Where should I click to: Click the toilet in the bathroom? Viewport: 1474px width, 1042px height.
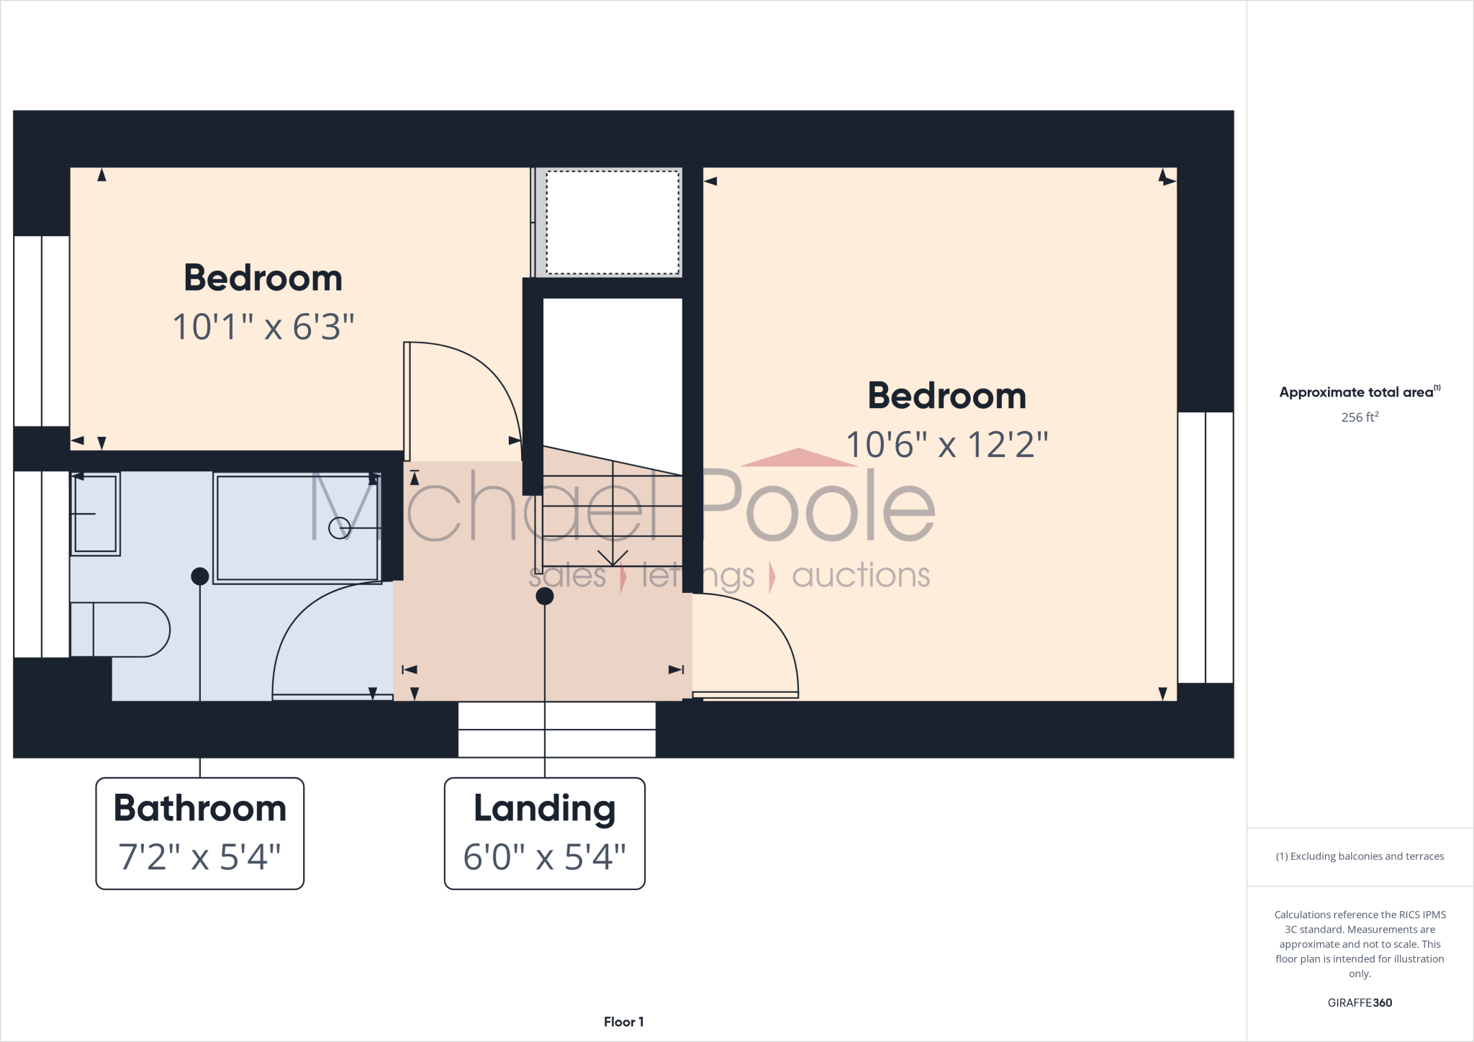point(122,630)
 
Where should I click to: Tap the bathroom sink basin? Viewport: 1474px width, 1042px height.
point(95,514)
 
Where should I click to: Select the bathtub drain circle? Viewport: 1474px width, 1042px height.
point(339,528)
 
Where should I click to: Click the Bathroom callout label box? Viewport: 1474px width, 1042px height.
point(200,833)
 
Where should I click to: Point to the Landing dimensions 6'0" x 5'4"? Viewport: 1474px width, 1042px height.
point(544,857)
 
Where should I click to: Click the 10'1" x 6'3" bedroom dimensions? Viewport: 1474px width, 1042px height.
point(263,327)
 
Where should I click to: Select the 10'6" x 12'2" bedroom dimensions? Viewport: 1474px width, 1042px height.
point(946,445)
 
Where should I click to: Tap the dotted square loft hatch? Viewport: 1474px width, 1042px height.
point(612,222)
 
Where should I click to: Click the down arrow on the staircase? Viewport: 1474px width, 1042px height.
point(612,557)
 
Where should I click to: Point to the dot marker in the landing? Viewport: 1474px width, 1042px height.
point(545,596)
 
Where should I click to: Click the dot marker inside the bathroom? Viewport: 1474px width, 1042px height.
point(200,576)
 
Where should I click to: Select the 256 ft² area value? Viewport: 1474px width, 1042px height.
point(1360,417)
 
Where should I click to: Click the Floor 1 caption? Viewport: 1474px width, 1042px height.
point(623,1022)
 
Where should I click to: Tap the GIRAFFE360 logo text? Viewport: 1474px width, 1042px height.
point(1360,1002)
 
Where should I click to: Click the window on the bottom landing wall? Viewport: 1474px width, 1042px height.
point(556,730)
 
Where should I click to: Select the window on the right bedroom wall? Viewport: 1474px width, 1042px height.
point(1206,547)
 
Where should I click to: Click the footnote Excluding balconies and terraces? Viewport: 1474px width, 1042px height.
point(1360,856)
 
